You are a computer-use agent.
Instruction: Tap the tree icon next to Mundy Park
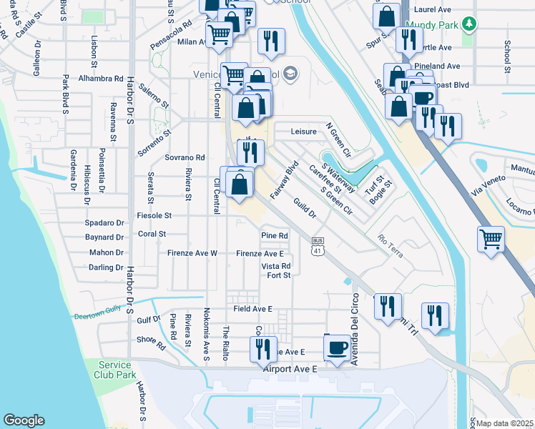[469, 25]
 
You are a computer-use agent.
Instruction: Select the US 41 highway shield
[318, 247]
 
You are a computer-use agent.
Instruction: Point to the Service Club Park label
[115, 370]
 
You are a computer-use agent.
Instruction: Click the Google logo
[24, 420]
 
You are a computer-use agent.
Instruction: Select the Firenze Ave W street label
[192, 253]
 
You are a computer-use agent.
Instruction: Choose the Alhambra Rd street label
[102, 78]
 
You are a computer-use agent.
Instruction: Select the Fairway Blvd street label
[283, 181]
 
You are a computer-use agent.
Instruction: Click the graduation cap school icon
[290, 73]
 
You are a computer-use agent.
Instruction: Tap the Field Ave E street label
[252, 308]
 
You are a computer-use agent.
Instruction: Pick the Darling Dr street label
[106, 267]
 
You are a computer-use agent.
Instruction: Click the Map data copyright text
[505, 423]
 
